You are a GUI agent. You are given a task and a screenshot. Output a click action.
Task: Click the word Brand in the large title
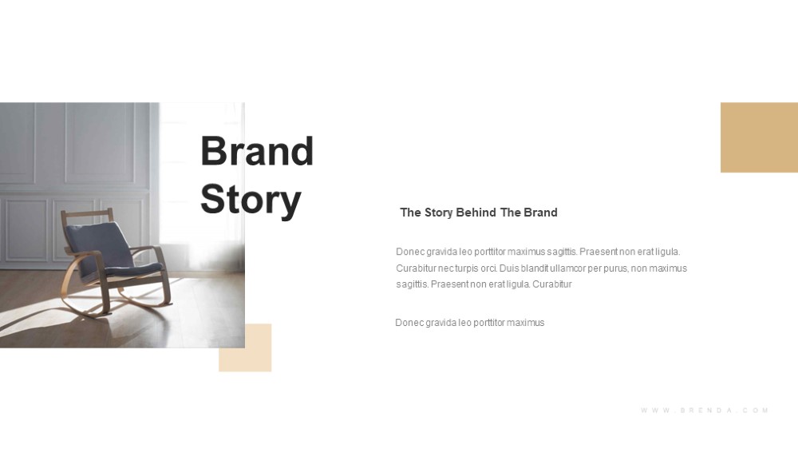click(257, 151)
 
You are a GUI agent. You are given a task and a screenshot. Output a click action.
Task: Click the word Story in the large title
click(251, 199)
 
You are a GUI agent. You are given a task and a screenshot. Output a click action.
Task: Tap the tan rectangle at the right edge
click(759, 137)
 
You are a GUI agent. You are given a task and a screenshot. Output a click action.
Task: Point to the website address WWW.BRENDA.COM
click(705, 411)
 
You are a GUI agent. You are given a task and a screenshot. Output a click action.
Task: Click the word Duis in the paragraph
click(509, 268)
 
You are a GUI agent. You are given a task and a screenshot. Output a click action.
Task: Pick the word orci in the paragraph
click(488, 268)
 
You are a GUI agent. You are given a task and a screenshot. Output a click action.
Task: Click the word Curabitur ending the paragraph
click(552, 284)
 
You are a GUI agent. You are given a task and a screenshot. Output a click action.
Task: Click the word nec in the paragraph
click(445, 268)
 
